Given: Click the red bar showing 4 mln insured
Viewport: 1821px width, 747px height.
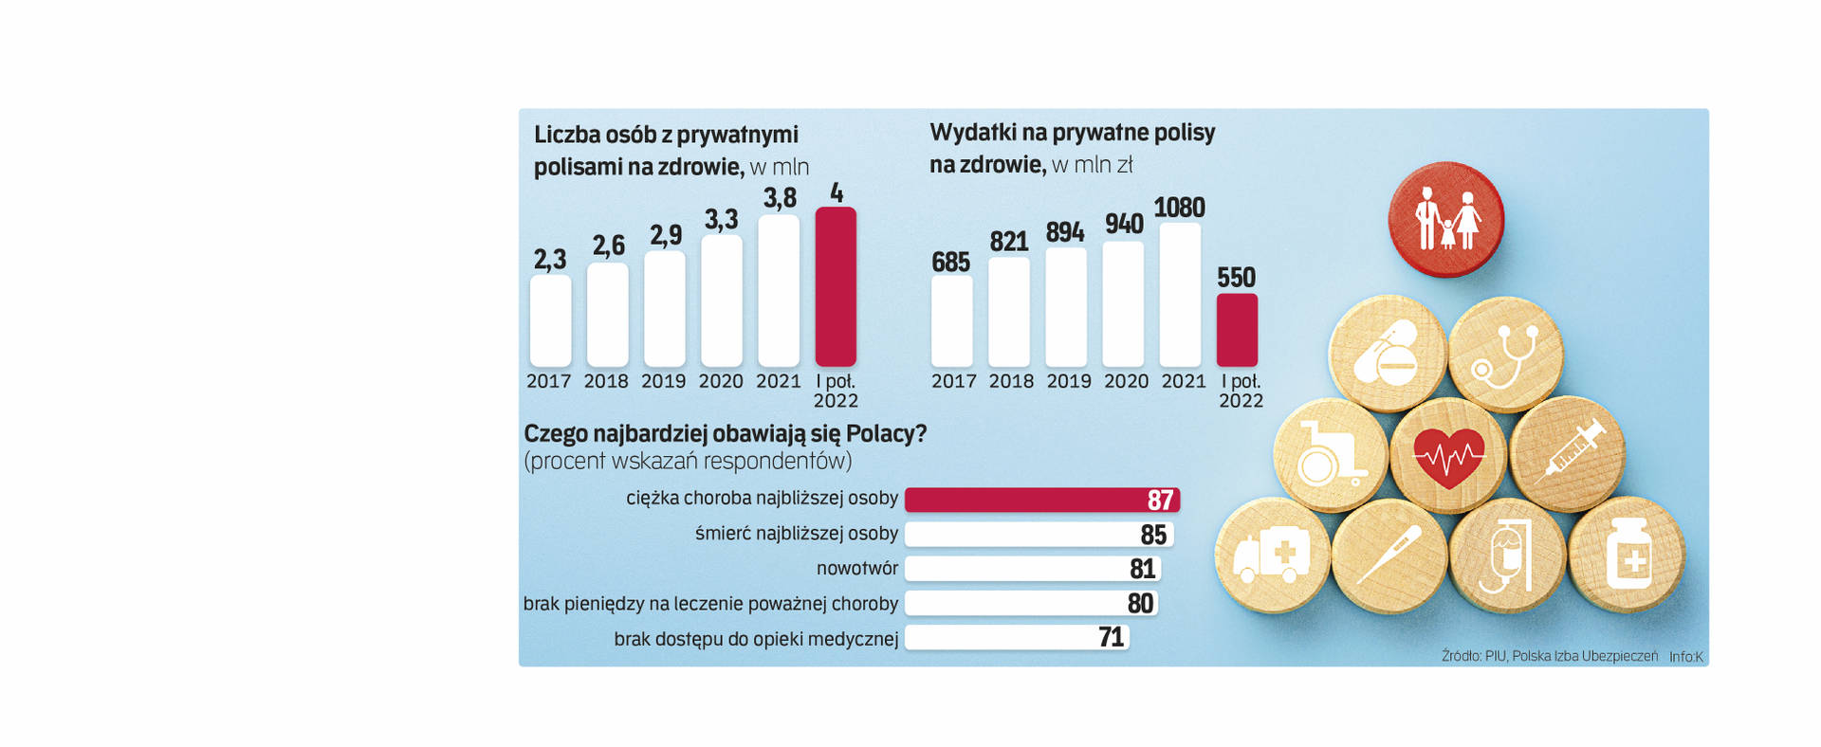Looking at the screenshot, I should tap(836, 286).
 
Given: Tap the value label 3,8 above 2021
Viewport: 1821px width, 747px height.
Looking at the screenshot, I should tap(780, 198).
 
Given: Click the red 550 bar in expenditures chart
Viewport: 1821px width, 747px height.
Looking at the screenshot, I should tap(1237, 330).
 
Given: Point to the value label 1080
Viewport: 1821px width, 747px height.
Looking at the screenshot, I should tap(1179, 208).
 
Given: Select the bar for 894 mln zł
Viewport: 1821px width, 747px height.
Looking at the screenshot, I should tap(1066, 307).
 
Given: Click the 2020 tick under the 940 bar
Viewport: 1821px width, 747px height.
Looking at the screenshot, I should tap(1126, 381).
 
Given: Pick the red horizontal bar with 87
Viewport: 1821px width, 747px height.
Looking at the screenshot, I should tap(1041, 500).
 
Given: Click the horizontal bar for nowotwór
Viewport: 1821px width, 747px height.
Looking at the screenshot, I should tap(1032, 569).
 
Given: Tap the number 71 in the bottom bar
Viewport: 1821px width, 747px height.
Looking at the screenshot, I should tap(1111, 637).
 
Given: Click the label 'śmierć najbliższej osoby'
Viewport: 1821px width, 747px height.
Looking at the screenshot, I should tap(796, 534).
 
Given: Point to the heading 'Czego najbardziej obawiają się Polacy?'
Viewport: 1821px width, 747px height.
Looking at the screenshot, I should tap(725, 434).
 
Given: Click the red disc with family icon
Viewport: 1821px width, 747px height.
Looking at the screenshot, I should tap(1445, 220).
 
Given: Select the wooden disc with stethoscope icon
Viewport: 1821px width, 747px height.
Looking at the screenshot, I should tap(1505, 355).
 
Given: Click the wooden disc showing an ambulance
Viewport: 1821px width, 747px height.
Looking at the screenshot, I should tap(1272, 556).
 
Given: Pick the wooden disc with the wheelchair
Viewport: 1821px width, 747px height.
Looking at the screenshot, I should tap(1331, 456).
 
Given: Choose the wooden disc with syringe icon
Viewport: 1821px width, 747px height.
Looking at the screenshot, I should tap(1567, 453).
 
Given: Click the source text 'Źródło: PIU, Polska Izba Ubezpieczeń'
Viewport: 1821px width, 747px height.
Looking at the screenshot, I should tap(1549, 656).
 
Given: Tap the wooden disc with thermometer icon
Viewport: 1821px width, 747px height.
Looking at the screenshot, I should tap(1389, 556).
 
